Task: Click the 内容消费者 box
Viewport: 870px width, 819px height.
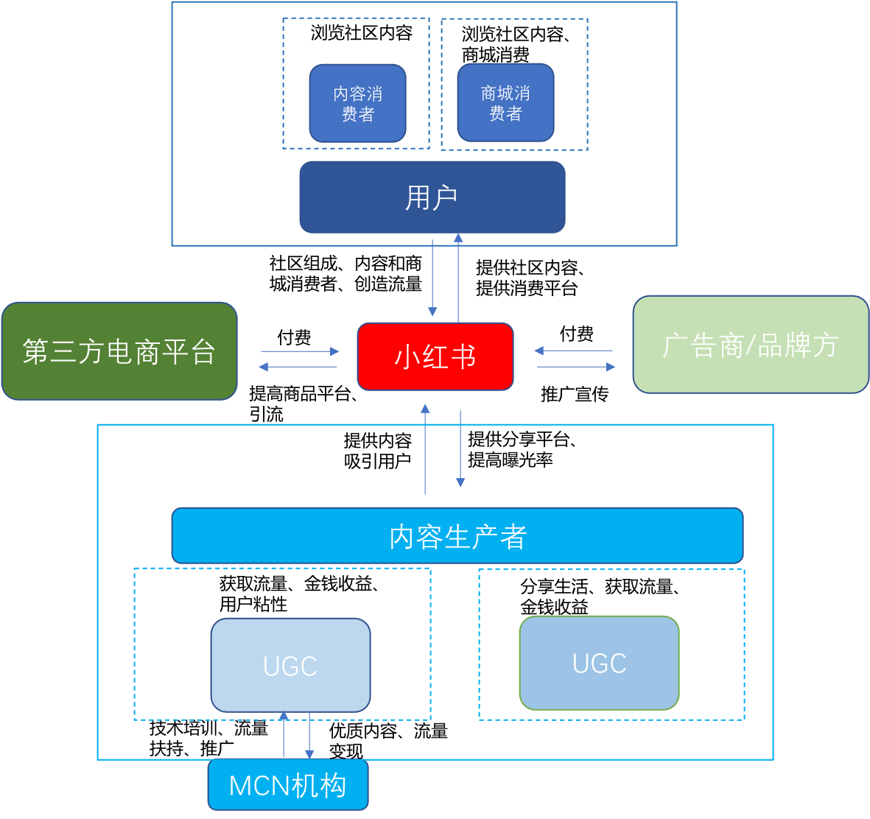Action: [357, 103]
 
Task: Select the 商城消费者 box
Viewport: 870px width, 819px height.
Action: [505, 102]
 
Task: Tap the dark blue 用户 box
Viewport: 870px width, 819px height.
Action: [432, 197]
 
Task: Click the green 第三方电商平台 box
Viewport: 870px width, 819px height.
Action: [119, 351]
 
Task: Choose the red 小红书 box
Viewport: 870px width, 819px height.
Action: [435, 356]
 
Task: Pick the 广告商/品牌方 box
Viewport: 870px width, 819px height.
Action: [750, 345]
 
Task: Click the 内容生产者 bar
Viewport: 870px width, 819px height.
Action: [457, 536]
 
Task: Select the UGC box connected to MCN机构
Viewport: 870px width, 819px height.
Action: [290, 665]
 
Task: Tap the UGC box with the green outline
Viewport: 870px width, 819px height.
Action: [599, 663]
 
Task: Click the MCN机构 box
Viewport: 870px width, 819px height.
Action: [287, 785]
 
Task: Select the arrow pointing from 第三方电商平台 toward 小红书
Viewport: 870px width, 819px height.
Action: [299, 351]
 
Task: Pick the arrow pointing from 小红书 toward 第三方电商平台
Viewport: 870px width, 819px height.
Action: [298, 367]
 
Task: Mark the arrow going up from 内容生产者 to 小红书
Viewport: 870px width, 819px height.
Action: [425, 449]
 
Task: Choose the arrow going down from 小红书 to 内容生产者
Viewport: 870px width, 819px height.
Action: [460, 449]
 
